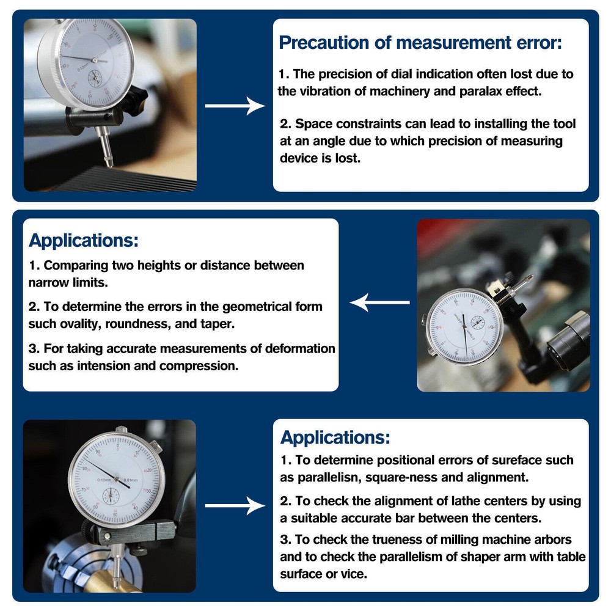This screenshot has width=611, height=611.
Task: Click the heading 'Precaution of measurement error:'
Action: [420, 43]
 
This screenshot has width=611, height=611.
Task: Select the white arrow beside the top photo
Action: [235, 106]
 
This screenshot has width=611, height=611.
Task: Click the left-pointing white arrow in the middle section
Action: [379, 302]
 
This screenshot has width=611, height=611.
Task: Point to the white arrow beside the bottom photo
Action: [235, 506]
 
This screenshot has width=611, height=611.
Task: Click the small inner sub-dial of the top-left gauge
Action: [96, 78]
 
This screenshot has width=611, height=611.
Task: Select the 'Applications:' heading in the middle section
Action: [84, 240]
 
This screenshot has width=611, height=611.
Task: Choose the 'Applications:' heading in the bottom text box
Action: [335, 437]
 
